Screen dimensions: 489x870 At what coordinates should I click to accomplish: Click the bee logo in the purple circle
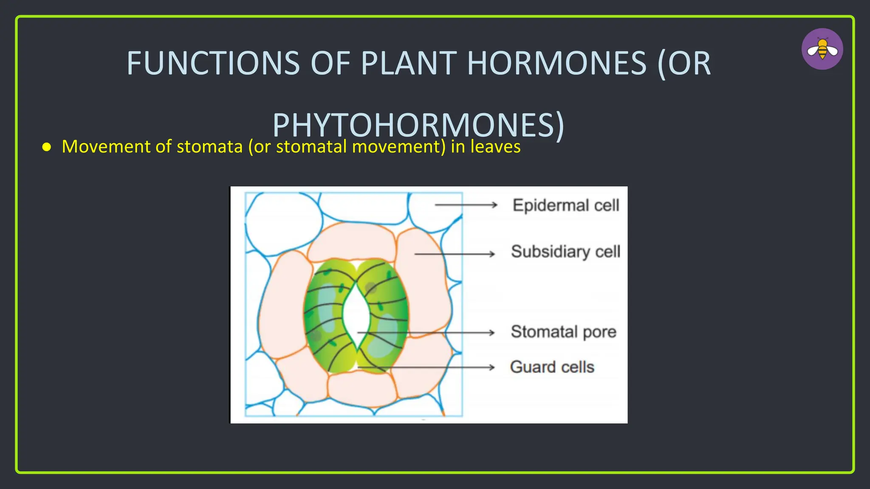click(822, 49)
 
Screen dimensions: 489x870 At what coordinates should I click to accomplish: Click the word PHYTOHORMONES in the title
click(418, 125)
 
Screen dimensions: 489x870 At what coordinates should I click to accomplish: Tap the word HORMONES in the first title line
click(556, 64)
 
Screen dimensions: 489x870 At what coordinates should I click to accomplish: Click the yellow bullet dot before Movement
click(47, 147)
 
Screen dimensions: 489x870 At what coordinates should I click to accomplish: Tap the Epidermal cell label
click(565, 205)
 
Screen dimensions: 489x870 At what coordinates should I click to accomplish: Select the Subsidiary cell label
click(565, 252)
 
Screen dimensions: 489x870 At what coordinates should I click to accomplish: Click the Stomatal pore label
click(563, 332)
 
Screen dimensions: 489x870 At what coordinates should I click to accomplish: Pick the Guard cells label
click(552, 367)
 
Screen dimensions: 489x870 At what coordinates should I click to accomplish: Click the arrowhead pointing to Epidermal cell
click(494, 205)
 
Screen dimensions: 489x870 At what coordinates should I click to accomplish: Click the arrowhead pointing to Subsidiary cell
click(492, 254)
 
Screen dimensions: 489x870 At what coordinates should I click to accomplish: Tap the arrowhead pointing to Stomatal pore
click(492, 332)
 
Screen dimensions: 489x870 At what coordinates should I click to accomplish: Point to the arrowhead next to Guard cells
click(492, 367)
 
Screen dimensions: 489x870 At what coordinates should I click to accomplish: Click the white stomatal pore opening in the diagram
click(356, 314)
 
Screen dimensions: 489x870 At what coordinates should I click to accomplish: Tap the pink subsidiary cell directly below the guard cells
click(361, 388)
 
